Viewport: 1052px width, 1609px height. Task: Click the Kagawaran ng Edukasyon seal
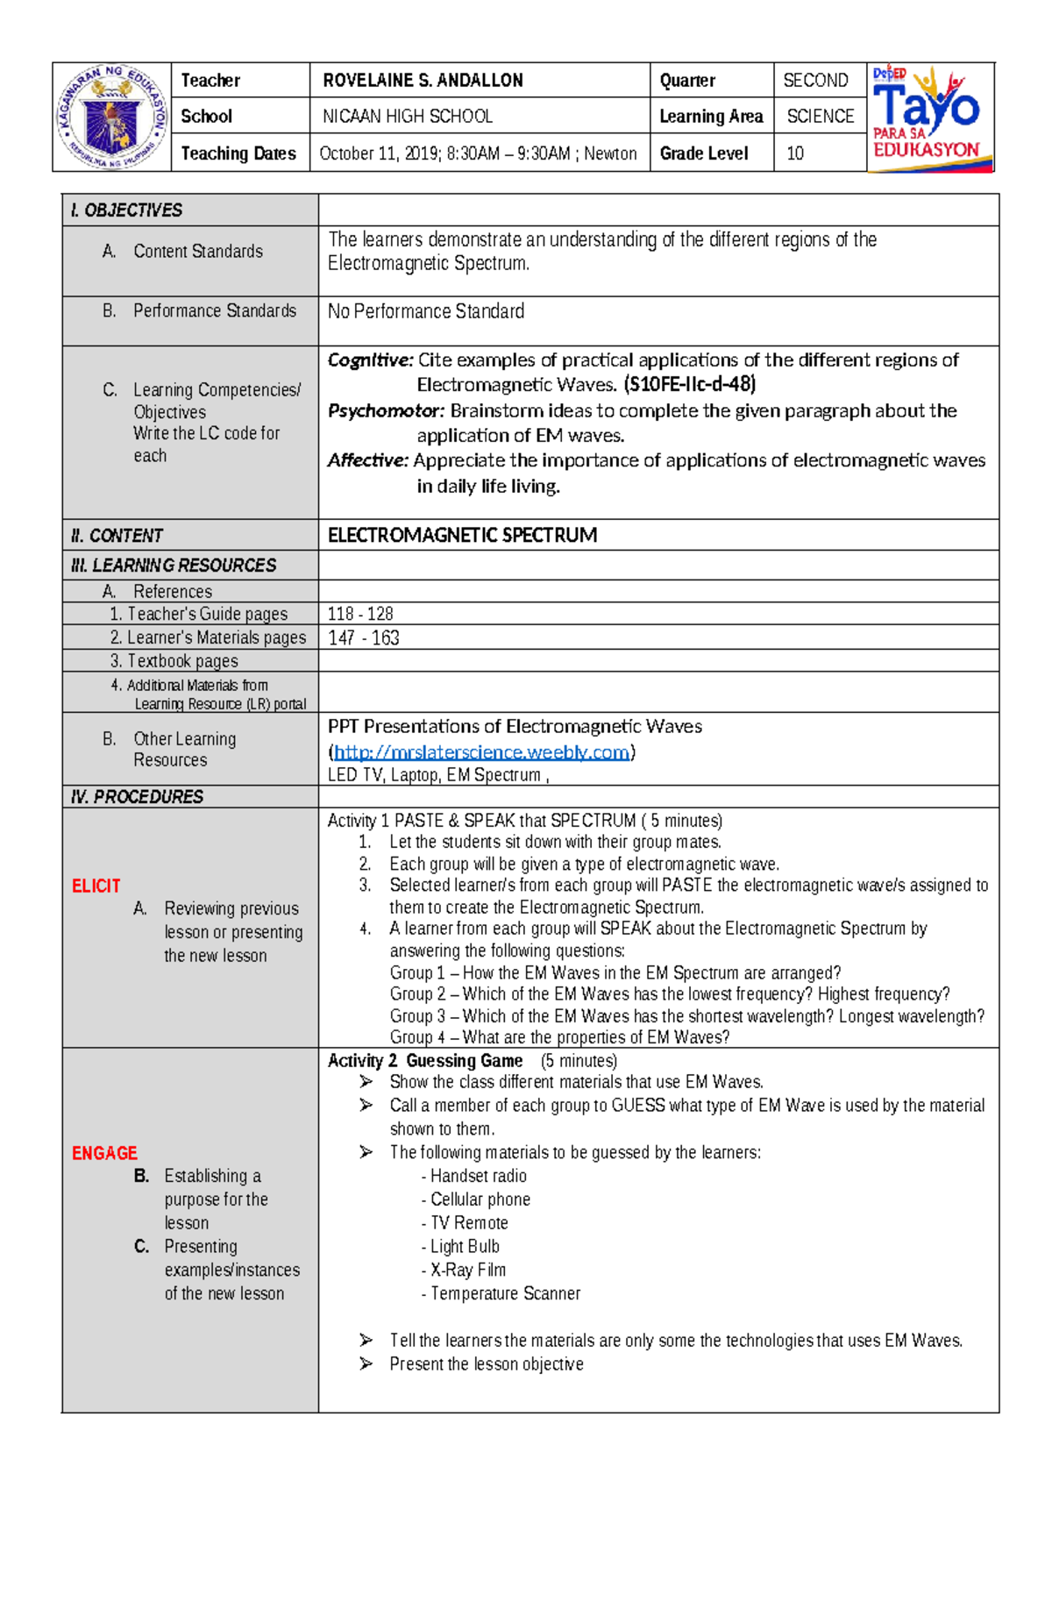point(111,117)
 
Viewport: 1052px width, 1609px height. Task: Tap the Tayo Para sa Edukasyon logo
point(930,117)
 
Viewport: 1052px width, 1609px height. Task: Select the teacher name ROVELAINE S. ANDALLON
point(423,81)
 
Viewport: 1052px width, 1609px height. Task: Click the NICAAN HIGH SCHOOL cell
point(408,116)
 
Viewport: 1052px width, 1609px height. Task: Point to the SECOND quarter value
point(815,81)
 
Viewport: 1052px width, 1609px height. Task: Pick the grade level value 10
point(795,153)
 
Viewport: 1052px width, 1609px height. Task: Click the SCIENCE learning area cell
point(820,116)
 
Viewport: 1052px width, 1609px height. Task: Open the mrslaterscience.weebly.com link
point(481,752)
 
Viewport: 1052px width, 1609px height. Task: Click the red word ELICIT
point(96,886)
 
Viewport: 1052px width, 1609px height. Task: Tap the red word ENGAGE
point(104,1153)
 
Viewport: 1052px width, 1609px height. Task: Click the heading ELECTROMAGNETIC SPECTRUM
point(462,535)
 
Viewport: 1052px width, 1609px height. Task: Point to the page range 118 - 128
point(360,614)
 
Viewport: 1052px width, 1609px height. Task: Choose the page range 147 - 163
point(363,637)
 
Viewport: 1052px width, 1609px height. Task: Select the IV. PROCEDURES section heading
point(137,796)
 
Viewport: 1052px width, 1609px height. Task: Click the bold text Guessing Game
point(464,1061)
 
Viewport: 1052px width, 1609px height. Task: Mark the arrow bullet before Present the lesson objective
point(366,1363)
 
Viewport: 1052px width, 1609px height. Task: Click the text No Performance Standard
point(426,311)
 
